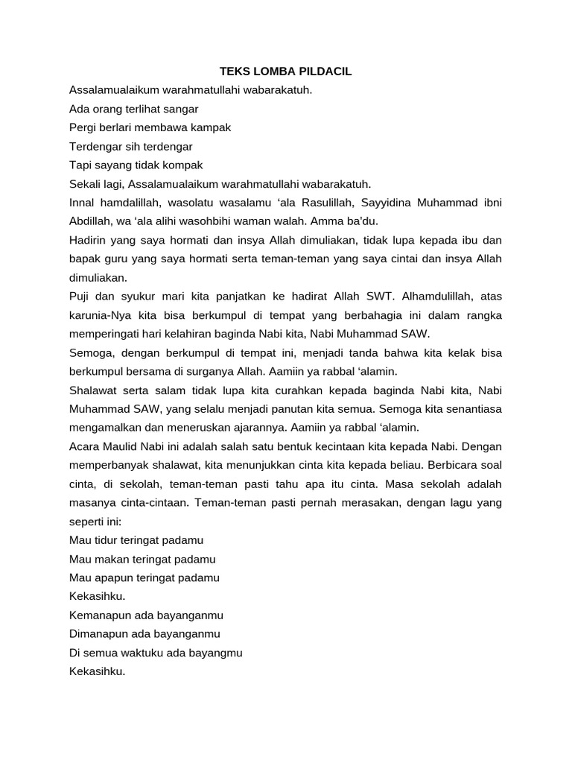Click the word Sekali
click(86, 183)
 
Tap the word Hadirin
click(89, 240)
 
